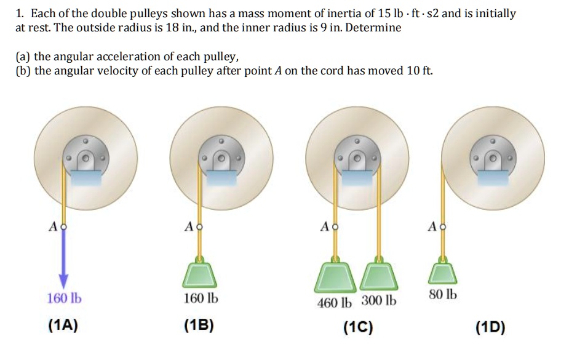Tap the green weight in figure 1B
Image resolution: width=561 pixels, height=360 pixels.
[198, 274]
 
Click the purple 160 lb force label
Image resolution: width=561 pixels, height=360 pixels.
[64, 299]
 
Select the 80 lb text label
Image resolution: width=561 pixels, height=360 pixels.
[444, 294]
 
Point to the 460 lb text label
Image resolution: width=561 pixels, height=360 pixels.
[335, 302]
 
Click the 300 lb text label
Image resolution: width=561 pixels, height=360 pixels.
[379, 302]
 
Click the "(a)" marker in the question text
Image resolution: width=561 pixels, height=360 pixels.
[23, 57]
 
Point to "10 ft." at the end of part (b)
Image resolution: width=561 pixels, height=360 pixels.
[420, 71]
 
